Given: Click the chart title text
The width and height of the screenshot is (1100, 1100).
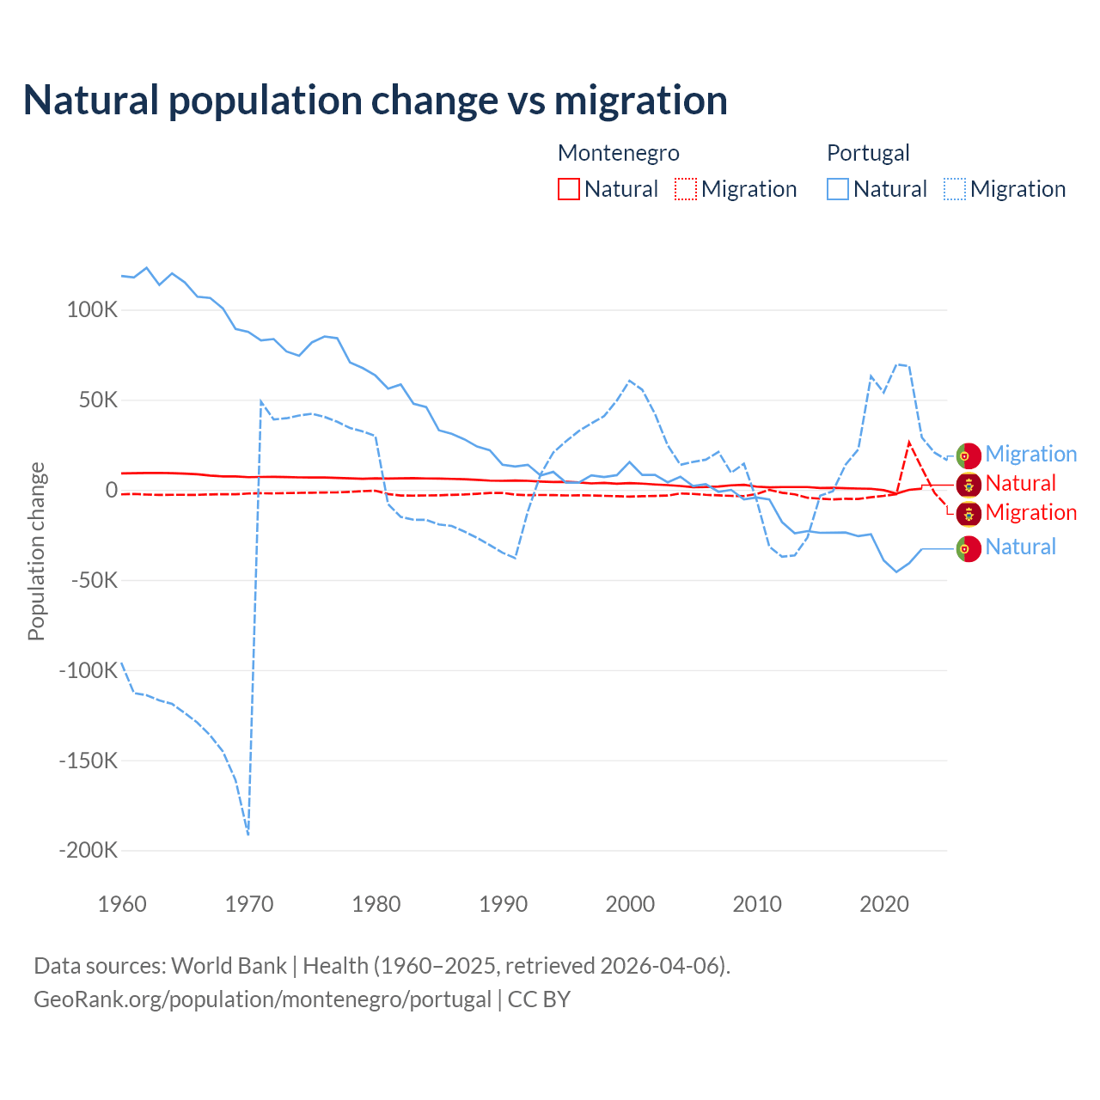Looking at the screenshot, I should (376, 101).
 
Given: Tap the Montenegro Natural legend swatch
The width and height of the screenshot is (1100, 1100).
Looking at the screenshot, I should (569, 189).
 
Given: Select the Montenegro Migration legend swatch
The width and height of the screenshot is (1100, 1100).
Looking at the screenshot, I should (686, 189).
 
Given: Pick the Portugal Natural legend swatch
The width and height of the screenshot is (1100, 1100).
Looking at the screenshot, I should (838, 189).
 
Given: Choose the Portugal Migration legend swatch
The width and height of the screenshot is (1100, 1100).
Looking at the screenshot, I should (955, 189).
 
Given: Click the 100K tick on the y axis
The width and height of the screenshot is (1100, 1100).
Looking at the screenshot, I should (92, 310).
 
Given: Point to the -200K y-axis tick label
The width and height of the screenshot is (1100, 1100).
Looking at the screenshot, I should (88, 851).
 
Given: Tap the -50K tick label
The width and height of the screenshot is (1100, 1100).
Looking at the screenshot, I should (93, 580).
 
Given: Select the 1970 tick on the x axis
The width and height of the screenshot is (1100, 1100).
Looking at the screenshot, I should (249, 904).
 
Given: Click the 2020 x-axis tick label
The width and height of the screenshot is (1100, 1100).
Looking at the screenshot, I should (884, 904).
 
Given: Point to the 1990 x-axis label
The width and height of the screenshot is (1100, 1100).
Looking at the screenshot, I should (504, 904).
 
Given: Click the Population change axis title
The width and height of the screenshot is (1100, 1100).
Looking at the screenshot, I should (36, 551).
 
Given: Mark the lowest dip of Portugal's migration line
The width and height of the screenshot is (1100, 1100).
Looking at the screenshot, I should (248, 834).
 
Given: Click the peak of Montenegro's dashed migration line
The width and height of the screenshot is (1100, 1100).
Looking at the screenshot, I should (909, 443).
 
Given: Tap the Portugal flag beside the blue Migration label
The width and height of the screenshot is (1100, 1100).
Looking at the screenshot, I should (969, 455).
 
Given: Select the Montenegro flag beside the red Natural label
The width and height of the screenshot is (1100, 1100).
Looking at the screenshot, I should (969, 484).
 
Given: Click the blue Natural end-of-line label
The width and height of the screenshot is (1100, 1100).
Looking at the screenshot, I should (1020, 547).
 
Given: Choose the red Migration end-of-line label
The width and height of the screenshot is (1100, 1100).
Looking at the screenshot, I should (1030, 513).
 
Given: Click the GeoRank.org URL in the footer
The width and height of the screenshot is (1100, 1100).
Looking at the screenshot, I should (262, 999).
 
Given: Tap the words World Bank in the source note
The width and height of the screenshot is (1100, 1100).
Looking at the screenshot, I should (229, 966).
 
